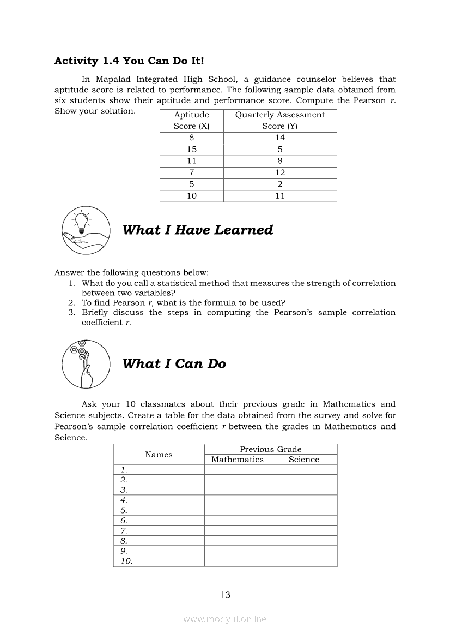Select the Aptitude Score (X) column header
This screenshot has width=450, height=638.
point(191,120)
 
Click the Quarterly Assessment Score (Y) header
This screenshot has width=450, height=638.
point(279,120)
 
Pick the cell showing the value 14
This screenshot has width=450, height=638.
point(279,138)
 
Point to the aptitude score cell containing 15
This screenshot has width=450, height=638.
point(191,149)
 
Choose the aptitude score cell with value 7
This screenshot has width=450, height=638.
point(191,172)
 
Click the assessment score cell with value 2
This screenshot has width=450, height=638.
point(279,184)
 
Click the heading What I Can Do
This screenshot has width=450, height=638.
point(174,364)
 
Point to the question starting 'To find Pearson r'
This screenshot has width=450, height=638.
point(184,303)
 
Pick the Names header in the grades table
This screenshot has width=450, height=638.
point(159,455)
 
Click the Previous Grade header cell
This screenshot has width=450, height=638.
point(270,449)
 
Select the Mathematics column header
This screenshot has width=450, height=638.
point(237,460)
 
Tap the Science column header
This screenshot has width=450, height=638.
point(303,460)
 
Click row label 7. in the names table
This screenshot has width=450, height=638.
point(124,530)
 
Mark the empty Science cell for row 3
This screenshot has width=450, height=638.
point(303,490)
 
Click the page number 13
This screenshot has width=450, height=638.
point(226,595)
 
